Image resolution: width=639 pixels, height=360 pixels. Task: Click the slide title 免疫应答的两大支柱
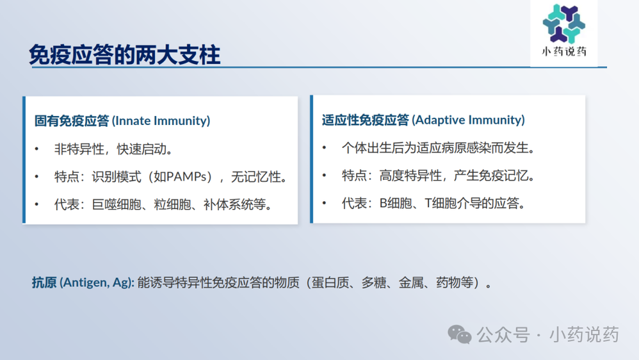tap(125, 54)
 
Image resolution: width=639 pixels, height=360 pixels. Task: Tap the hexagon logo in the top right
tap(564, 24)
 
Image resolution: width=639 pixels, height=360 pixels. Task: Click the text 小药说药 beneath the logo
tap(564, 51)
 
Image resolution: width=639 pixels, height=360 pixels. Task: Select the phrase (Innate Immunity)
tap(161, 120)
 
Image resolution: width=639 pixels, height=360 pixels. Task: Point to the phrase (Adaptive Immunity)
tap(468, 120)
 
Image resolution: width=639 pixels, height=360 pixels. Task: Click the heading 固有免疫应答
tap(72, 120)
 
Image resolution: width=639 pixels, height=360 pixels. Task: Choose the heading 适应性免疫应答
tap(365, 120)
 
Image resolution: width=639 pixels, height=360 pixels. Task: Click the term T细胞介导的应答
tap(472, 202)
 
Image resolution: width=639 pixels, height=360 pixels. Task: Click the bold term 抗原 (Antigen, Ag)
tap(83, 282)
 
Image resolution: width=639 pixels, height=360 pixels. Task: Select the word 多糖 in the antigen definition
tap(374, 282)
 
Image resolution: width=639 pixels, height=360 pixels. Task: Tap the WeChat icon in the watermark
tap(459, 335)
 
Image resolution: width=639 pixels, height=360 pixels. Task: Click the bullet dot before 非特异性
tap(36, 149)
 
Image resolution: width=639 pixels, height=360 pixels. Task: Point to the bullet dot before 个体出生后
tap(325, 147)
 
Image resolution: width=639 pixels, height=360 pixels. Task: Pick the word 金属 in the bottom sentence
tap(411, 282)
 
